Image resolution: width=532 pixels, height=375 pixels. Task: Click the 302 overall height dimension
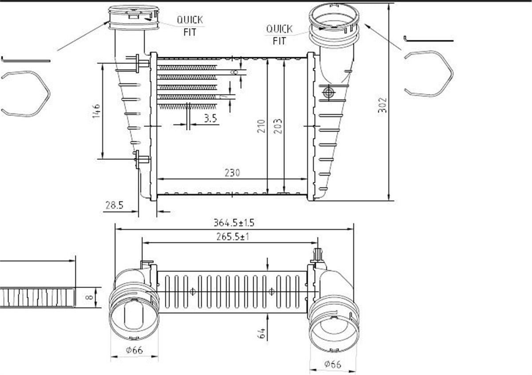[383, 105]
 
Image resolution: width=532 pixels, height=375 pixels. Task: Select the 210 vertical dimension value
[261, 126]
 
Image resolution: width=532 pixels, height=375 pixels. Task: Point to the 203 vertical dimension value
[278, 126]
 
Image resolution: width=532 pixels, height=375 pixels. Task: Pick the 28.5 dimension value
[114, 205]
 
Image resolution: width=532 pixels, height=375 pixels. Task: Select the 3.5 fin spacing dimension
[210, 118]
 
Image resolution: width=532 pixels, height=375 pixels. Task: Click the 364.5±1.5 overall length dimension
[234, 222]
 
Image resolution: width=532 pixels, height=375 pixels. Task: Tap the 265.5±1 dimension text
[232, 237]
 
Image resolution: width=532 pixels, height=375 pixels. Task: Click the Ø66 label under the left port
[134, 350]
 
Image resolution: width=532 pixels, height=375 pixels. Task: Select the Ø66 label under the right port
[332, 364]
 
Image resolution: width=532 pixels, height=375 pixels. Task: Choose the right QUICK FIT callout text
[279, 35]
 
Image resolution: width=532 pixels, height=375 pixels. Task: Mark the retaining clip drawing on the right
[429, 73]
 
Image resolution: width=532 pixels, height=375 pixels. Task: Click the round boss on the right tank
[329, 92]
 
